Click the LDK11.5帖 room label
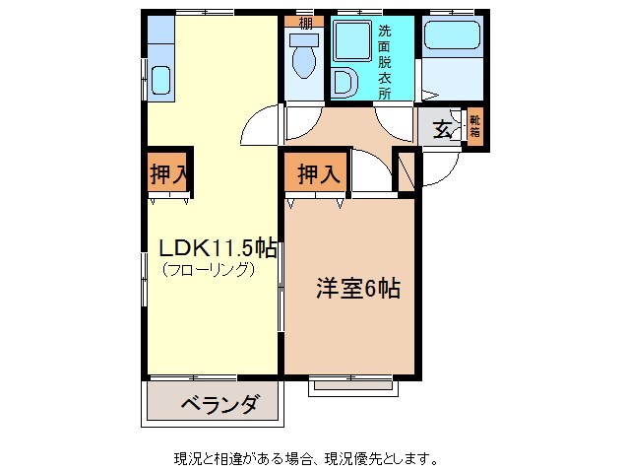[x=213, y=248]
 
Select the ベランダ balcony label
[x=219, y=404]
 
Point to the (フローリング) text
[x=208, y=269]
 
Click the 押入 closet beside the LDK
[x=167, y=174]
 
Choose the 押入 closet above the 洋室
[x=317, y=174]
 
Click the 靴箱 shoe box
[x=474, y=126]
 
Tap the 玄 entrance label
[x=444, y=128]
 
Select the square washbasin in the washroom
[x=349, y=42]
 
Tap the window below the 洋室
[x=353, y=385]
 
